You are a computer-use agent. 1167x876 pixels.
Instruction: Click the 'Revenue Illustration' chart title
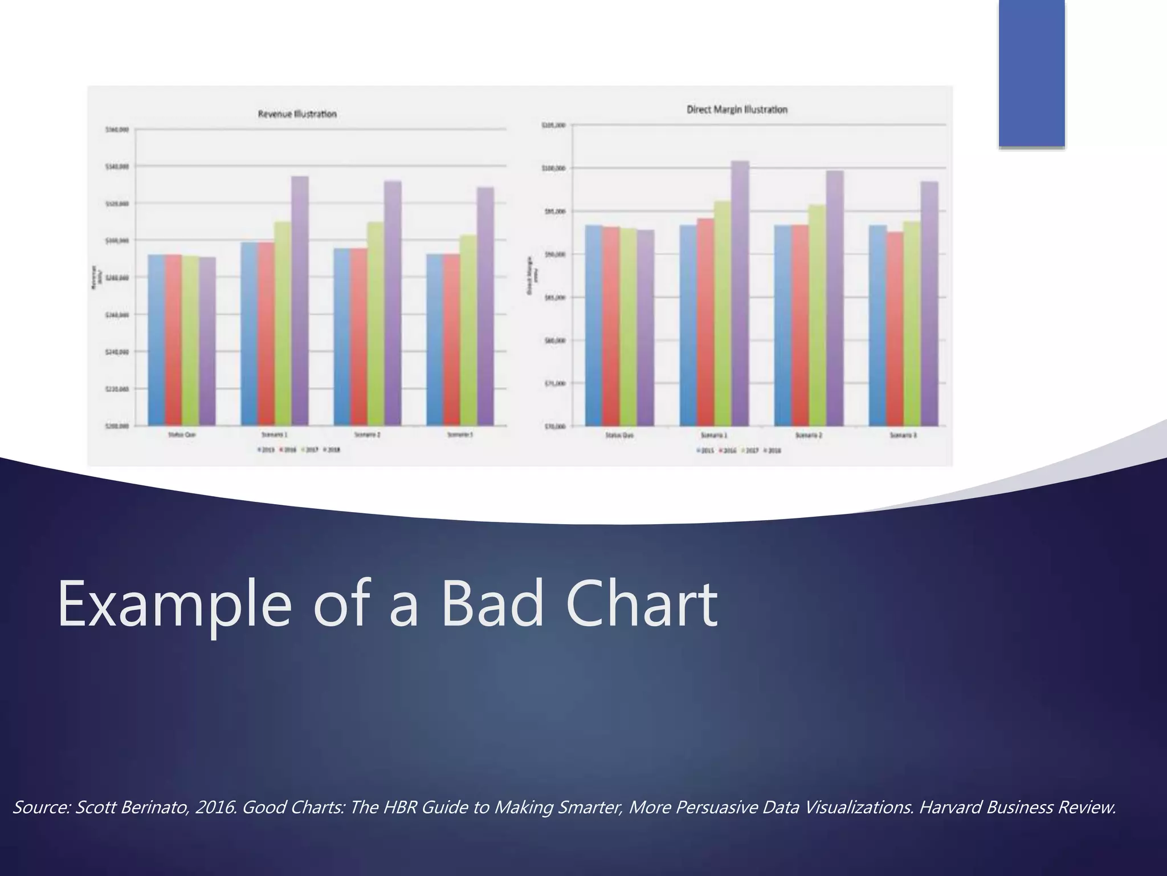tap(297, 114)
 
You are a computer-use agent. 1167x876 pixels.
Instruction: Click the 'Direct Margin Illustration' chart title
tap(737, 109)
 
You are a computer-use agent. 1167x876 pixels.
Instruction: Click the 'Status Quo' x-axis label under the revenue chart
tap(182, 435)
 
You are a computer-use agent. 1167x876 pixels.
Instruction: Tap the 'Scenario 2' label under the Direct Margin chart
tap(811, 435)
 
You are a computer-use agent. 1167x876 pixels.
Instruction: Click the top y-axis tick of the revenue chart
tap(117, 130)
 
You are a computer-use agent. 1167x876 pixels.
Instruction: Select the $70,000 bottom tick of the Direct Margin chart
tap(554, 426)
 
